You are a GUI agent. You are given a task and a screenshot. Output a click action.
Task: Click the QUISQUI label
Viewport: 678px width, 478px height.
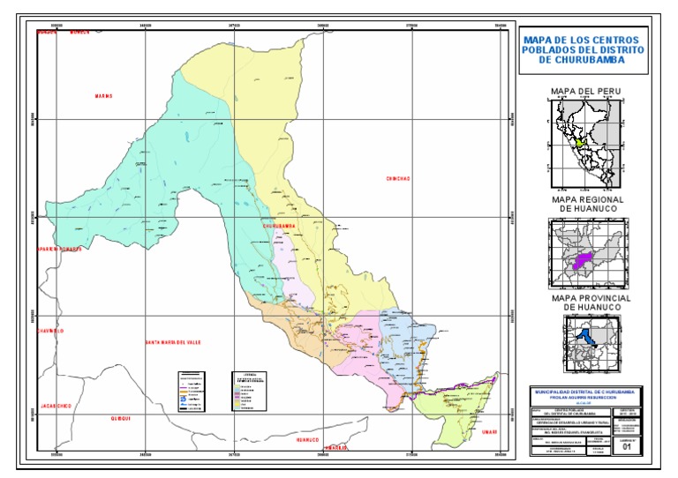(120, 420)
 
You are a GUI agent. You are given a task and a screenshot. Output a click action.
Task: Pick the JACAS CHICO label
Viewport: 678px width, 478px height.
(56, 406)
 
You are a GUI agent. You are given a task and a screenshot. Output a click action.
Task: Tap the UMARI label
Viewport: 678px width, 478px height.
(489, 431)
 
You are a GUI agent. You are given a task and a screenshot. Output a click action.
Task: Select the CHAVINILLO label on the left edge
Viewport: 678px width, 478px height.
(51, 332)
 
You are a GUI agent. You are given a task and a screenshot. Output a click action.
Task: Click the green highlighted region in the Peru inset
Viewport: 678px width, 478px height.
(579, 142)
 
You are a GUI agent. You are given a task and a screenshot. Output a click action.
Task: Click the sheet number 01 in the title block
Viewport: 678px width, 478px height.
(628, 447)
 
